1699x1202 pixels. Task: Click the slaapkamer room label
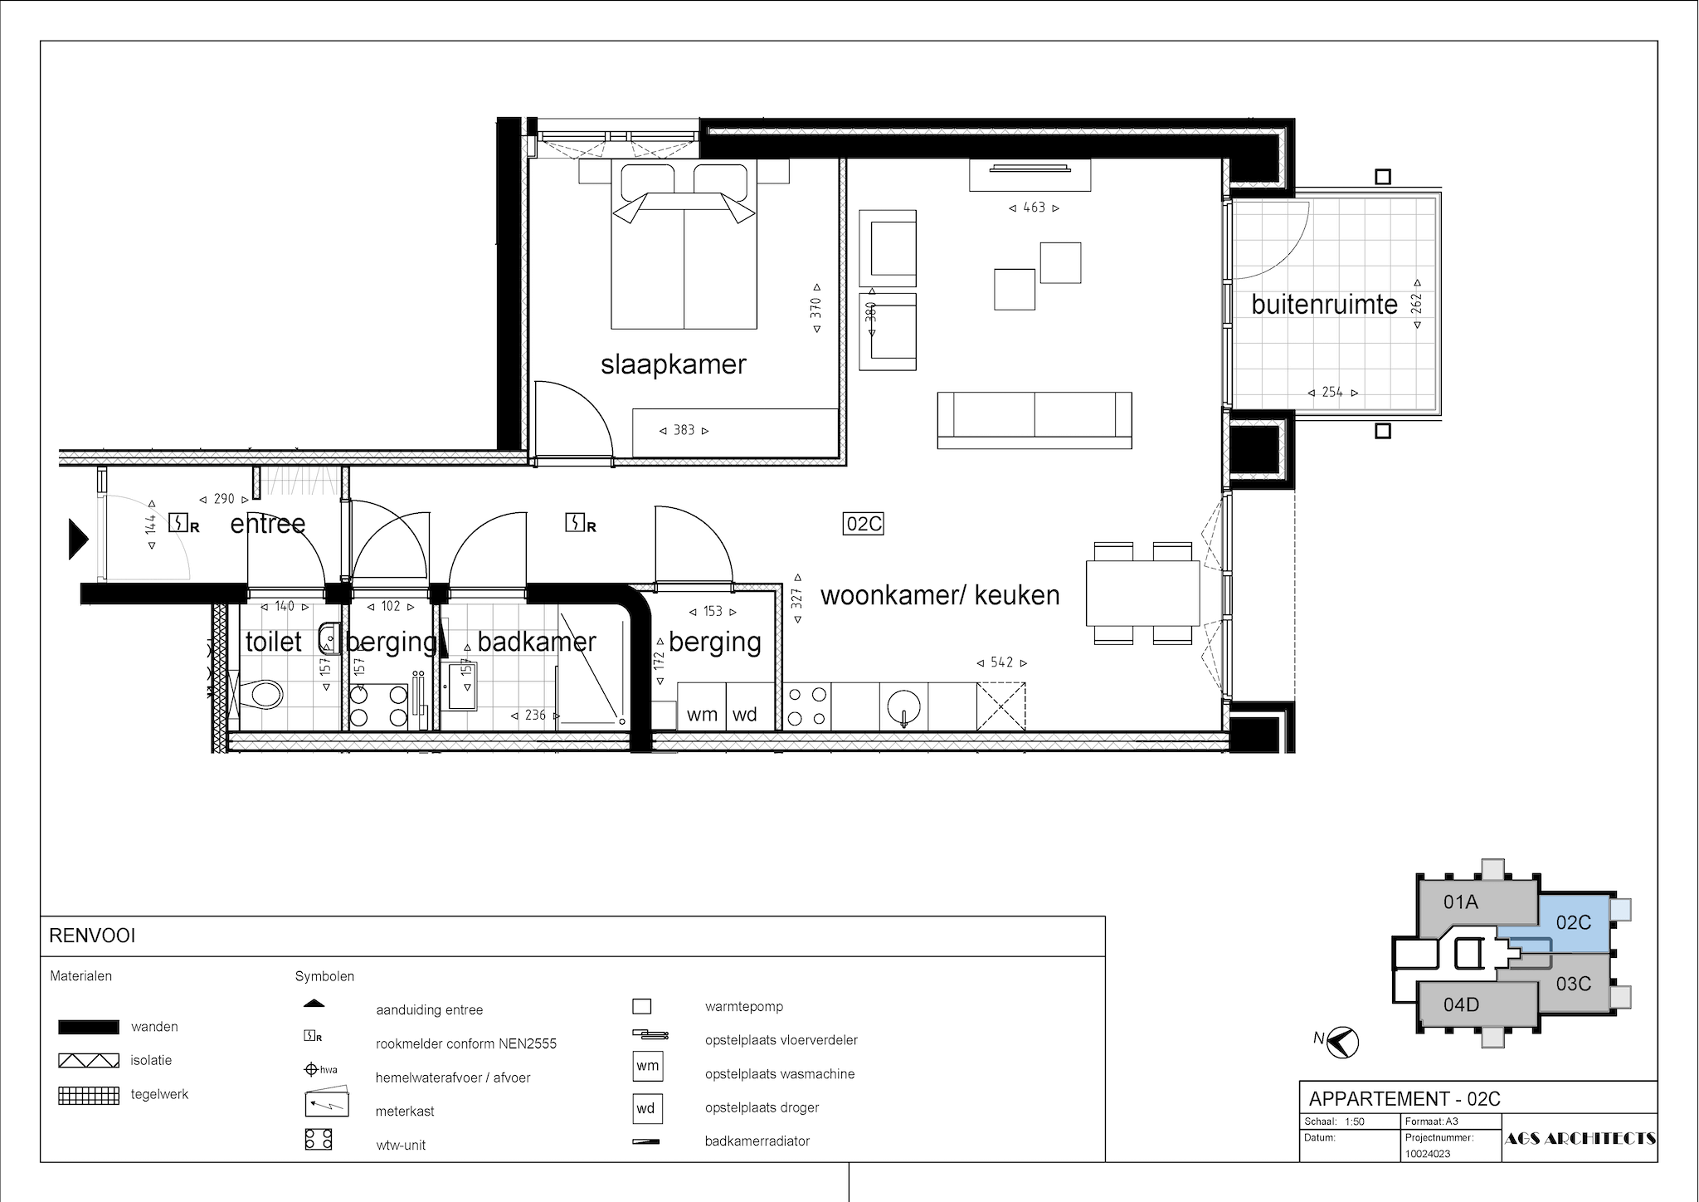[674, 364]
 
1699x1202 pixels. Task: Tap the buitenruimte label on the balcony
[1325, 305]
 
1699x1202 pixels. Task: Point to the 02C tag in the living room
[863, 524]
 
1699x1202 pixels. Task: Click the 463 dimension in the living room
[1034, 208]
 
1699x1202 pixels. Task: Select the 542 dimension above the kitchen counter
[1002, 662]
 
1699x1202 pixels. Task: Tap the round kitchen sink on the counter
[903, 708]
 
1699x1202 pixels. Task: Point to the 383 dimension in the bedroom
[684, 430]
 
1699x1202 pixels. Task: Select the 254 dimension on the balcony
[1332, 392]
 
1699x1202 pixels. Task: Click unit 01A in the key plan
[1461, 901]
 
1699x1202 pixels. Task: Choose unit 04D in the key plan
[1461, 1005]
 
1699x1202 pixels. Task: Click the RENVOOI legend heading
[92, 936]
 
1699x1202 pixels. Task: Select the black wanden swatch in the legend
[88, 1027]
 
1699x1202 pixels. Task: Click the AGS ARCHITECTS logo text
[1580, 1138]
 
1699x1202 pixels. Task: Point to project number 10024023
[1427, 1154]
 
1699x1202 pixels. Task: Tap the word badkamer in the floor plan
[537, 642]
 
